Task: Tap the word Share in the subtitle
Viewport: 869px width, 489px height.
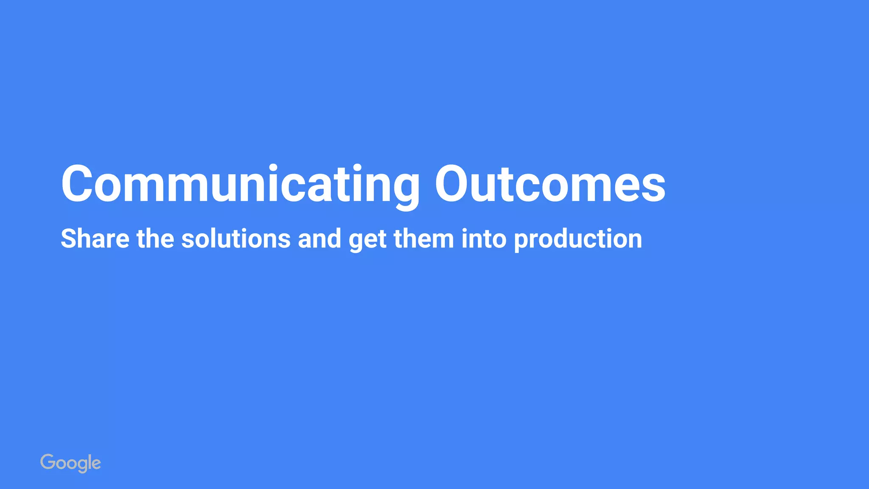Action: point(95,239)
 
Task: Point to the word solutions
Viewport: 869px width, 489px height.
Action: point(236,239)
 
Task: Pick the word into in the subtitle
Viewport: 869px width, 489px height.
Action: point(484,239)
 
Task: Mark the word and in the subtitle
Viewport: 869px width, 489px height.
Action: point(320,239)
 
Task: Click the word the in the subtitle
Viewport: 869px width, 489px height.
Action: point(155,239)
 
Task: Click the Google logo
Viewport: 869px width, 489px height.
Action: point(70,463)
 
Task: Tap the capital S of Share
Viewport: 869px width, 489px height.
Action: point(69,239)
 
